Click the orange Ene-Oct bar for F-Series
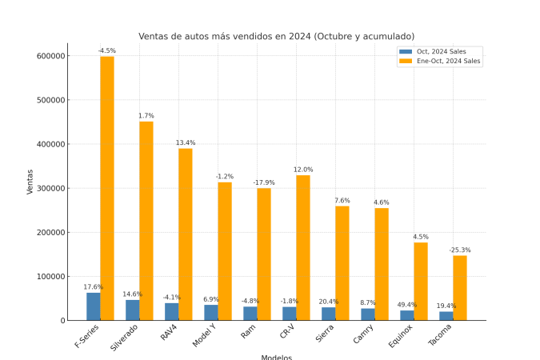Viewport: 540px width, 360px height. [107, 188]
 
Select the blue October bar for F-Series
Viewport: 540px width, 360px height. [94, 306]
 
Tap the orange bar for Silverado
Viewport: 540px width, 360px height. [146, 221]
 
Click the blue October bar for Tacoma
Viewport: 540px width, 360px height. [446, 316]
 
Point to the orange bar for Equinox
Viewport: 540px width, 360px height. [420, 281]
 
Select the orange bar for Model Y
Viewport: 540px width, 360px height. [225, 251]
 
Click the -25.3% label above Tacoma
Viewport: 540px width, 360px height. [459, 250]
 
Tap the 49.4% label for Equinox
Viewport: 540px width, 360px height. [406, 305]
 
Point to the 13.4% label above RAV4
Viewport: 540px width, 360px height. [186, 142]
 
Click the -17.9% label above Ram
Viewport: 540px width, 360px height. [264, 182]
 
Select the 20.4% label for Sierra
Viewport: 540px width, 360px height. [328, 302]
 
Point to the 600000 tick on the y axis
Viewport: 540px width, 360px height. [50, 56]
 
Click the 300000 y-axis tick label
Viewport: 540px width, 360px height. [50, 189]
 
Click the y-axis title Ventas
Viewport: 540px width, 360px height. [30, 181]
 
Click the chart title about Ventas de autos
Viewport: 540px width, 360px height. [276, 36]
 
